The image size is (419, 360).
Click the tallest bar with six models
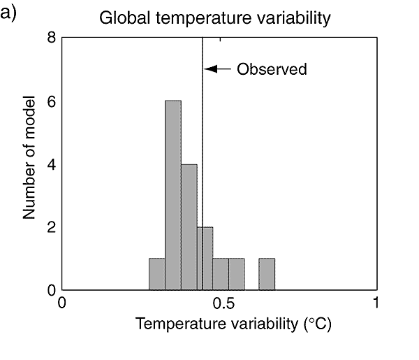[x=173, y=195]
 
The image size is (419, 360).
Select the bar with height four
[x=189, y=226]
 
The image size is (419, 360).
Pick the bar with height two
[x=205, y=258]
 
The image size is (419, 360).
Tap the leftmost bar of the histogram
[x=157, y=274]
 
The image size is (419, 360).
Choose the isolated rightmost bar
[x=267, y=274]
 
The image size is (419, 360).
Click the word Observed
[x=272, y=69]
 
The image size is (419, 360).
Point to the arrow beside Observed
[x=217, y=69]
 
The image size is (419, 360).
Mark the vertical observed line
[x=202, y=140]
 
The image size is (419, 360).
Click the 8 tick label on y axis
[x=52, y=38]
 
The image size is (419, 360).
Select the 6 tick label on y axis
[x=52, y=101]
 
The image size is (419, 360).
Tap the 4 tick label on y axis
[x=52, y=164]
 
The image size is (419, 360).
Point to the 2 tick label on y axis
[x=52, y=227]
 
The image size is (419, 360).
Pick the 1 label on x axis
[x=376, y=303]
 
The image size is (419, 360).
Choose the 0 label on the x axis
[x=62, y=303]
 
